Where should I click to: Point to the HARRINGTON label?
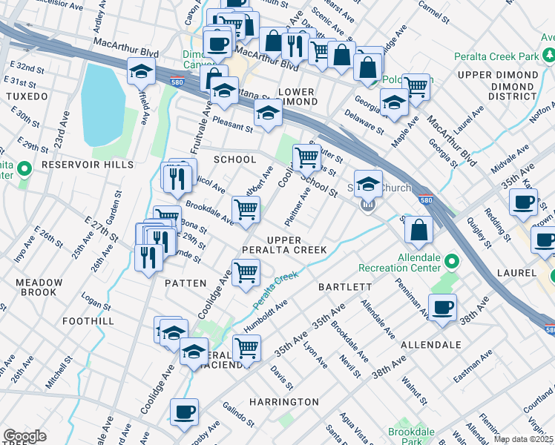pyautogui.click(x=289, y=401)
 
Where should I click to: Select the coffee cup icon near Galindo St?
pyautogui.click(x=184, y=412)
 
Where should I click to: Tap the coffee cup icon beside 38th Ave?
pyautogui.click(x=443, y=308)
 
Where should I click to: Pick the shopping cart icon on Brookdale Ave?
pyautogui.click(x=246, y=209)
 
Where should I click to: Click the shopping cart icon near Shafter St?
pyautogui.click(x=306, y=156)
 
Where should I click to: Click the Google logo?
pyautogui.click(x=24, y=436)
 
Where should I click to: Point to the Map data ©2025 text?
pyautogui.click(x=524, y=439)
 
